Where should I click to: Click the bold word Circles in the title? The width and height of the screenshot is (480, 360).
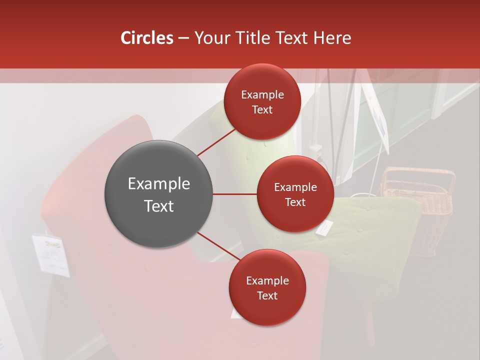(x=146, y=38)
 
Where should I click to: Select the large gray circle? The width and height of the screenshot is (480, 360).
(x=158, y=194)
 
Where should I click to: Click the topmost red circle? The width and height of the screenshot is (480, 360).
(x=262, y=101)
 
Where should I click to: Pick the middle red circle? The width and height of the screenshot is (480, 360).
(x=295, y=194)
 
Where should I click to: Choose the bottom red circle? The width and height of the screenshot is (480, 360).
(x=267, y=287)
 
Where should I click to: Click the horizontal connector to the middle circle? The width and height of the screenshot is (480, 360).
(x=235, y=194)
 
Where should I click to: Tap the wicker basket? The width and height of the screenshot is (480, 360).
(x=420, y=210)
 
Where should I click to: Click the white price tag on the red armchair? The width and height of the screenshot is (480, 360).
(x=50, y=254)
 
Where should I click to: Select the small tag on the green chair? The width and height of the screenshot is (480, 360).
(x=324, y=227)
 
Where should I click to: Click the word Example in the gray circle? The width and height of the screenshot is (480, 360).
(x=158, y=183)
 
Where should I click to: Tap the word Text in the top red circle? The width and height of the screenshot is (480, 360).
(x=262, y=109)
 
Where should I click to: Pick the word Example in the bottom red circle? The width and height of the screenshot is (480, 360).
(x=267, y=280)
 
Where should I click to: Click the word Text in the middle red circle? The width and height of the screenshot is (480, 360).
(x=295, y=202)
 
